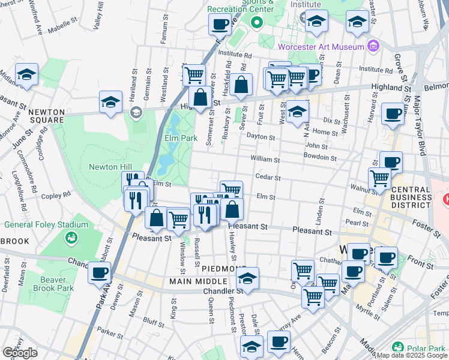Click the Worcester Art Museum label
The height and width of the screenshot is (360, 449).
(x=321, y=47)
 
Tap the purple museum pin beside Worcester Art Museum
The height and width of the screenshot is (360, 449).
(x=373, y=46)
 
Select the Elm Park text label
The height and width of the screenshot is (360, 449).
(x=181, y=138)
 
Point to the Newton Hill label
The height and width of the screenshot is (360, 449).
(x=110, y=167)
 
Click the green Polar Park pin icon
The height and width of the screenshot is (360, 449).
(x=397, y=347)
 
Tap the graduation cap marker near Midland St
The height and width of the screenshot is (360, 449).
(x=27, y=74)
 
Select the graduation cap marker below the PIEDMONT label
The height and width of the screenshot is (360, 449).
(x=247, y=278)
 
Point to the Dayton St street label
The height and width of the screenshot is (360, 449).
(x=261, y=137)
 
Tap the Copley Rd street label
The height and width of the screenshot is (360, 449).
(x=57, y=194)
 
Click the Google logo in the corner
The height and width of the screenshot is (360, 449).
(x=20, y=353)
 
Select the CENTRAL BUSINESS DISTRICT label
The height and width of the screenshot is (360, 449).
(x=411, y=197)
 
